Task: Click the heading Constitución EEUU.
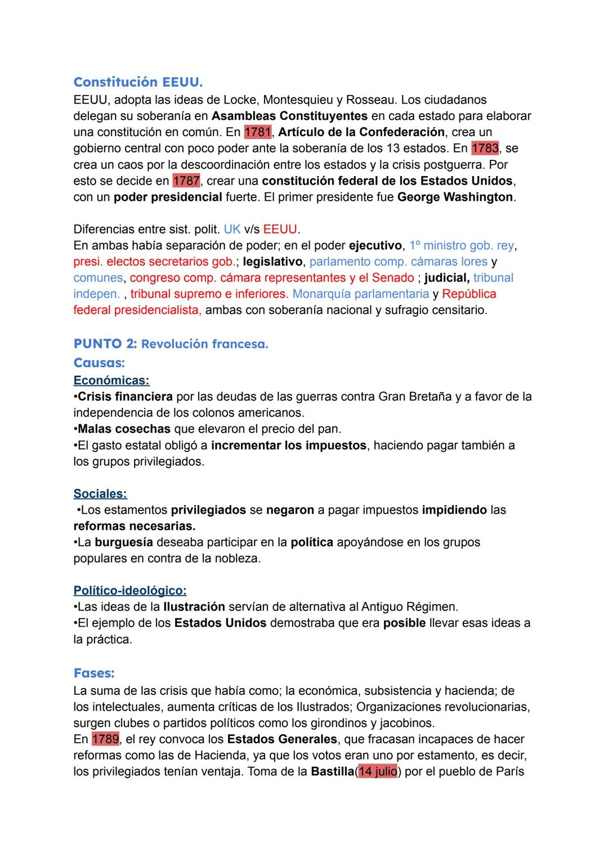(x=138, y=82)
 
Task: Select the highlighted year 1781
(x=258, y=132)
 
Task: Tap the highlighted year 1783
(x=485, y=149)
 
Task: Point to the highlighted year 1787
(x=186, y=181)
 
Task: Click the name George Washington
(x=455, y=197)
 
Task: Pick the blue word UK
(x=232, y=230)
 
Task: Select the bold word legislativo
(x=272, y=262)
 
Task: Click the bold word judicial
(x=446, y=278)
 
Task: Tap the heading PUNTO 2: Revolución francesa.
(x=171, y=344)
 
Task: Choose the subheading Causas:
(x=99, y=363)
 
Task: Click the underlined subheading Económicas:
(x=111, y=381)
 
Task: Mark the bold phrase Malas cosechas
(x=124, y=429)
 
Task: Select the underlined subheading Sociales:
(x=100, y=494)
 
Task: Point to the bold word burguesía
(x=124, y=542)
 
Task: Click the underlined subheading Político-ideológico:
(x=130, y=591)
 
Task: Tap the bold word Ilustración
(x=194, y=607)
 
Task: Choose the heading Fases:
(x=94, y=673)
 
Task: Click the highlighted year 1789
(x=105, y=739)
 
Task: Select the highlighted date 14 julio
(x=377, y=771)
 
